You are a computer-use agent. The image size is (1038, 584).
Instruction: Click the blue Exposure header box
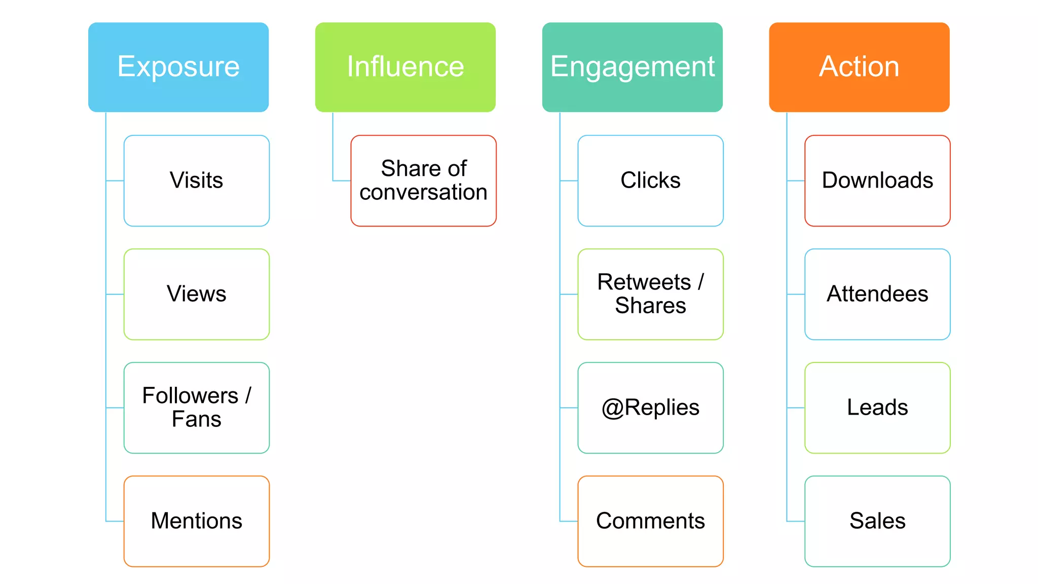coord(178,67)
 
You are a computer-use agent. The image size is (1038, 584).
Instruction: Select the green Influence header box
coord(405,67)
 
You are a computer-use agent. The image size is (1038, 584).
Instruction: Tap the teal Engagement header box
coord(632,67)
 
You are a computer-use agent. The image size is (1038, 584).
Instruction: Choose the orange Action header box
coord(859,67)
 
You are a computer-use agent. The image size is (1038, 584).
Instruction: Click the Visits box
coord(197,180)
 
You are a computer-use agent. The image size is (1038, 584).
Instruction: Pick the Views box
coord(197,294)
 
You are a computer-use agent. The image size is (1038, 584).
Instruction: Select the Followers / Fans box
coord(197,408)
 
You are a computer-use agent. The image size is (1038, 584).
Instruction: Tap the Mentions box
coord(197,521)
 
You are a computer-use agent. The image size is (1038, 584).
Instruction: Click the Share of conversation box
coord(423,180)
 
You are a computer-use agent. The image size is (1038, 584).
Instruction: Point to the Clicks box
coord(650,180)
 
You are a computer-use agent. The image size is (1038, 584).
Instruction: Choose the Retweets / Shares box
coord(650,294)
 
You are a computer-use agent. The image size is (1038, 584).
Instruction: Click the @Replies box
coord(650,408)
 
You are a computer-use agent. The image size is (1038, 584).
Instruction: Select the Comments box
coord(650,521)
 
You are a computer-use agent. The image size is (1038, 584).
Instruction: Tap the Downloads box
coord(877,180)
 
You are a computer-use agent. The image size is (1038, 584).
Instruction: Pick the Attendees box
coord(877,294)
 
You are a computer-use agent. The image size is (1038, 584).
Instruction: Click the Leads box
coord(877,408)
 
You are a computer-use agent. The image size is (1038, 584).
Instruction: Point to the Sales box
coord(877,521)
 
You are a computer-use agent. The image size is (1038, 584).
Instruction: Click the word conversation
coord(423,193)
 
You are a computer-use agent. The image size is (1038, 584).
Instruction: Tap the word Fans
coord(197,420)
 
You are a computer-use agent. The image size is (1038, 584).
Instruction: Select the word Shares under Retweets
coord(650,306)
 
